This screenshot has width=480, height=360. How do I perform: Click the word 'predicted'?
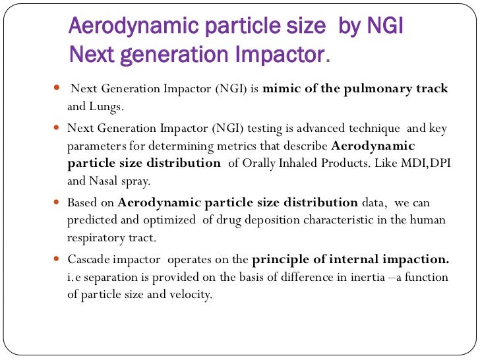[92, 220]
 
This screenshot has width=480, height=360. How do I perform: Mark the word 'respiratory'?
[96, 237]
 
